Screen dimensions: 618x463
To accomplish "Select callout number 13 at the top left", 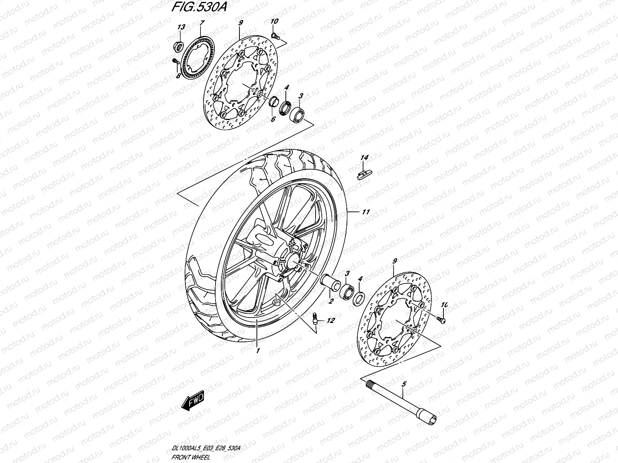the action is [x=181, y=27].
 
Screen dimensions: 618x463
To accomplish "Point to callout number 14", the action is [x=365, y=158].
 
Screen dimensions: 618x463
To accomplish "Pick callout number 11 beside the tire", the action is [x=366, y=212].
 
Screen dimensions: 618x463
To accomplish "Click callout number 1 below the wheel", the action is [x=257, y=351].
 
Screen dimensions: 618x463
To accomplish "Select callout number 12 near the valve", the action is [x=331, y=321].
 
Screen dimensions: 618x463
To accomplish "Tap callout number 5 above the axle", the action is [x=404, y=384].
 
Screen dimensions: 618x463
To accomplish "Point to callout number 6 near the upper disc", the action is [x=273, y=120].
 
